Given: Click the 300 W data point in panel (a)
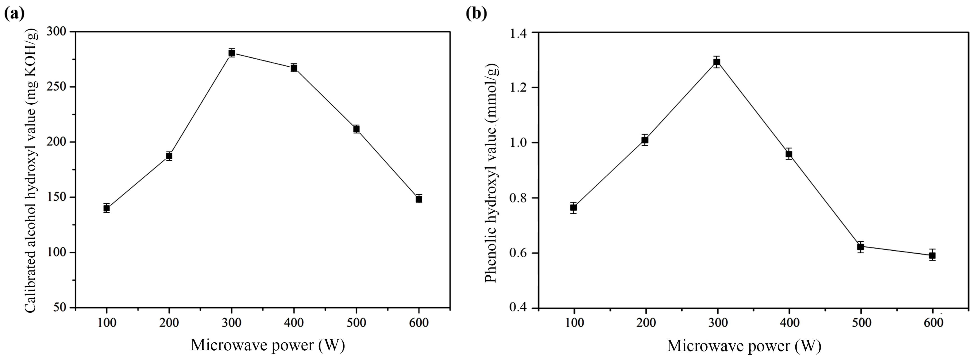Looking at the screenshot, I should coord(232,53).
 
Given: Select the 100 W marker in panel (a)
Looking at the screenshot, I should coord(107,208).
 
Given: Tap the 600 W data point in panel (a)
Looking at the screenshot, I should coord(419,199).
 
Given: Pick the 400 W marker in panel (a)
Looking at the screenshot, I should coord(294,68).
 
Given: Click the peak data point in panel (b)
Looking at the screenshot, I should coord(717,62).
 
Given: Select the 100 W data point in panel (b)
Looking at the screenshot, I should coord(574,207).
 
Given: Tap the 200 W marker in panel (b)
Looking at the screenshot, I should coord(645,140).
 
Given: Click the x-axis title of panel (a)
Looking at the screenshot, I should coord(268,345).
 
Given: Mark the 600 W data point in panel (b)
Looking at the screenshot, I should coord(932,255).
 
